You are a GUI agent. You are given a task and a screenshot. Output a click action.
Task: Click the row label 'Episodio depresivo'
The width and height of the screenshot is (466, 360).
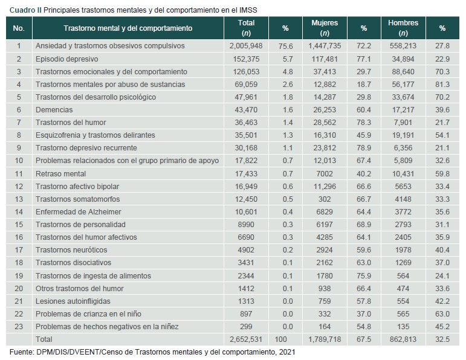coord(66,59)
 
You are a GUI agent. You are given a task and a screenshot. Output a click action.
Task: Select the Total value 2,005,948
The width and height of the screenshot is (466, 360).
coord(245,46)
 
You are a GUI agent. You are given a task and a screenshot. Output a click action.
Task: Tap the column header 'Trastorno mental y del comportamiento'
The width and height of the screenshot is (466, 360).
coord(128,28)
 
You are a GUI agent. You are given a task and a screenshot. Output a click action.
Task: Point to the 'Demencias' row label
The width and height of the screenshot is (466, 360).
coord(54,110)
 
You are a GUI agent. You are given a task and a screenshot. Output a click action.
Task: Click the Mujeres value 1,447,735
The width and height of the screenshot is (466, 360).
coord(325,46)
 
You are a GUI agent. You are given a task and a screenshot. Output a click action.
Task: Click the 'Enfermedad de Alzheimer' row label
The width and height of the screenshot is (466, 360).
coord(78,212)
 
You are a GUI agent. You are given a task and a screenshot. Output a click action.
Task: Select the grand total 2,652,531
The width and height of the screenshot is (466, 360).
coord(245,340)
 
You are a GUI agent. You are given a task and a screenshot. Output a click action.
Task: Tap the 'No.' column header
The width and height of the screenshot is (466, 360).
coord(19,28)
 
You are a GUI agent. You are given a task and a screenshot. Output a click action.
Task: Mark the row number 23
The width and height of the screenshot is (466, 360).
coord(19,327)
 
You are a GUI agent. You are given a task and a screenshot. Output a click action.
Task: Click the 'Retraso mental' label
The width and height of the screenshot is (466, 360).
coord(62,174)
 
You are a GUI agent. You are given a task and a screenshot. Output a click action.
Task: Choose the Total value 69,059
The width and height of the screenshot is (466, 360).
coord(245,85)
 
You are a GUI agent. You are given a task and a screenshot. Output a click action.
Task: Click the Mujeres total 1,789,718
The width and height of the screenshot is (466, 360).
coord(325,340)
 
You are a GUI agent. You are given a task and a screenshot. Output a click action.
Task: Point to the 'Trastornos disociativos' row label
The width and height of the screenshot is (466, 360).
coord(73,263)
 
